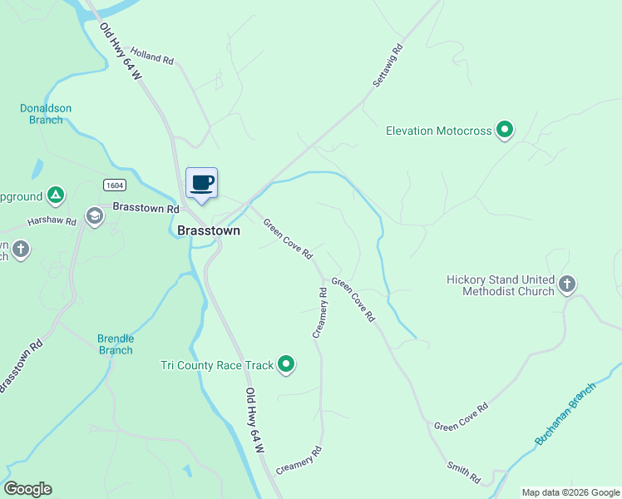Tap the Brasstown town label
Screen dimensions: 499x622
209,231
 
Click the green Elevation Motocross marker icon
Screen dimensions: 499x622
504,130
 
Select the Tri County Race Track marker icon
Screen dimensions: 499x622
286,364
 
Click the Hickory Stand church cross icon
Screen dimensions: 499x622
567,285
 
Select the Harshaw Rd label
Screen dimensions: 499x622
52,222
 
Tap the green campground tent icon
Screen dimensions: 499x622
55,196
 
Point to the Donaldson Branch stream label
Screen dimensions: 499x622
46,114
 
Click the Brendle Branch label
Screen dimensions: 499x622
116,344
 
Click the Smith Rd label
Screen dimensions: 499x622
464,473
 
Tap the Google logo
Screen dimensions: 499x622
27,489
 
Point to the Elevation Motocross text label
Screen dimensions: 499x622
439,131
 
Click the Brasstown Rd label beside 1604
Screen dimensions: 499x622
146,208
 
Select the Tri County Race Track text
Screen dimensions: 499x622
217,365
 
